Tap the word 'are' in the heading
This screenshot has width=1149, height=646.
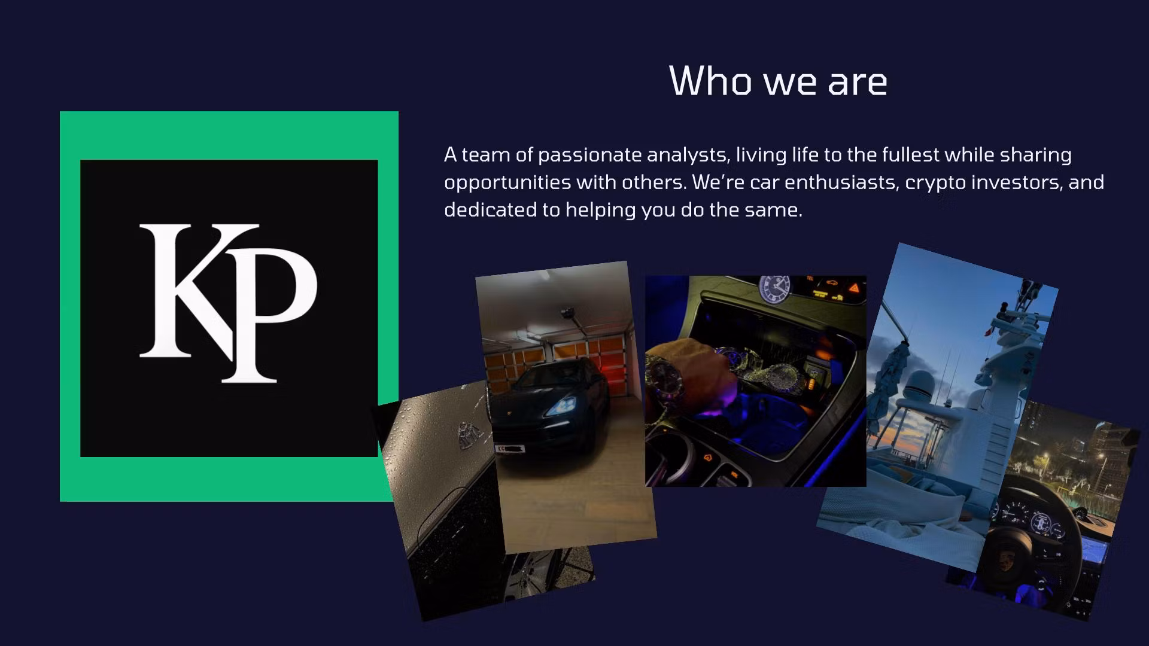858,83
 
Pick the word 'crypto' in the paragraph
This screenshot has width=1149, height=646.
935,184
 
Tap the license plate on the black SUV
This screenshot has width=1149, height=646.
510,447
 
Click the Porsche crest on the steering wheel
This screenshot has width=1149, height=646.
1006,561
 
